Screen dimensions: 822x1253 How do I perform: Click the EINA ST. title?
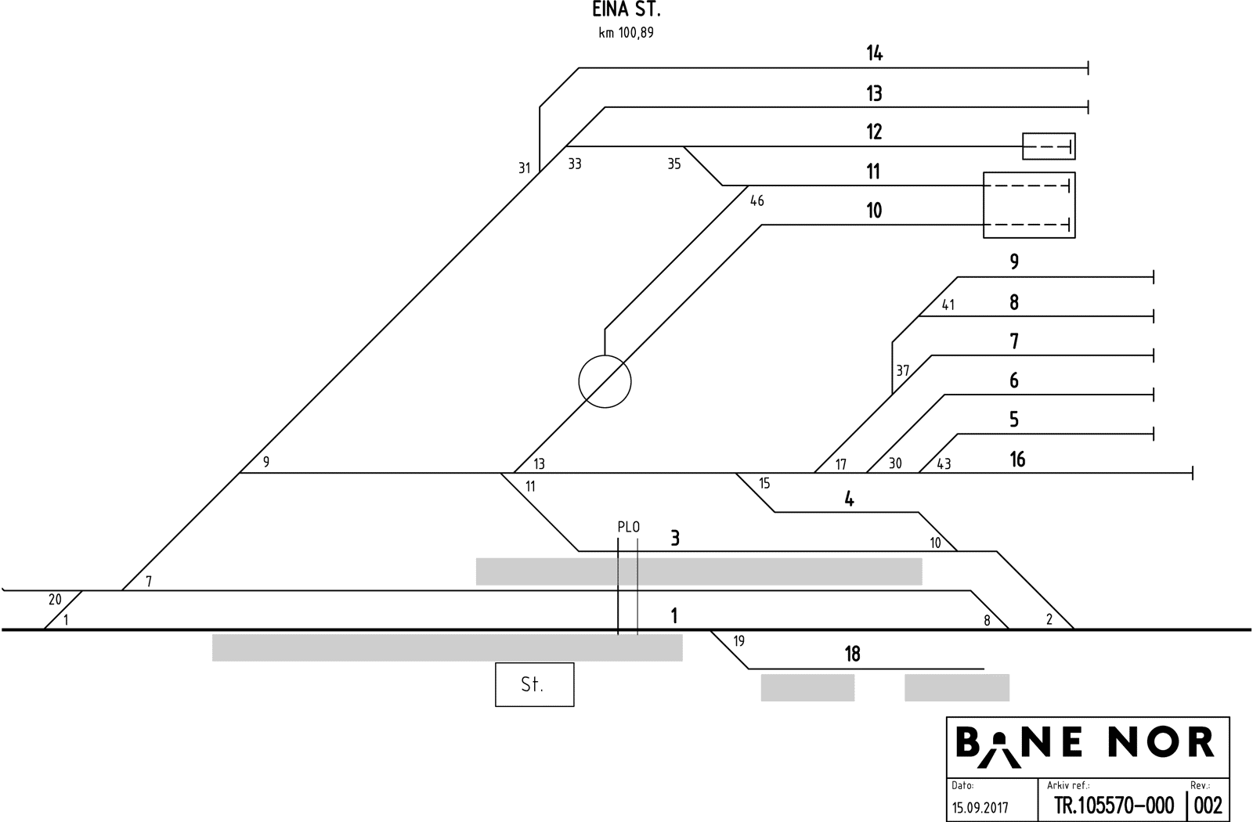tap(626, 11)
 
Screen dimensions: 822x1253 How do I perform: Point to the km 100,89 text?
tap(626, 33)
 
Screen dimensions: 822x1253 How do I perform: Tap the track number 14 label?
tap(874, 53)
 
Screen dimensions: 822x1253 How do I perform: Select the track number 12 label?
tap(874, 132)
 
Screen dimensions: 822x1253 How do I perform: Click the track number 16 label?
tap(1017, 460)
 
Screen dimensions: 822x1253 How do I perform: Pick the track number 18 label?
tap(852, 654)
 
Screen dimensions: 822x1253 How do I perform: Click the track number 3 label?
tap(674, 539)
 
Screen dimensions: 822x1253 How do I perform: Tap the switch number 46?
tap(756, 201)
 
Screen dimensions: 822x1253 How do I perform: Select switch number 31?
tap(525, 168)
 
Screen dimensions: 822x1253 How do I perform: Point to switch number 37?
tap(903, 371)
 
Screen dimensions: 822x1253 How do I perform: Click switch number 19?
tap(738, 642)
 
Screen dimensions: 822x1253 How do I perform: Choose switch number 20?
tap(55, 600)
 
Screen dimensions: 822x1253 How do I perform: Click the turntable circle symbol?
tap(605, 382)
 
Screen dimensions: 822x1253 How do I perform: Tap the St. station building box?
tap(534, 685)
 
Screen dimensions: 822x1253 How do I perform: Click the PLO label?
tap(628, 528)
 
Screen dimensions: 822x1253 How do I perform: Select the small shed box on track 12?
tap(1049, 146)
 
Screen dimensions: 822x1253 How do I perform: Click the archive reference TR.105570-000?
tap(1114, 806)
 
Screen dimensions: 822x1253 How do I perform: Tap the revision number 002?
tap(1208, 806)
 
